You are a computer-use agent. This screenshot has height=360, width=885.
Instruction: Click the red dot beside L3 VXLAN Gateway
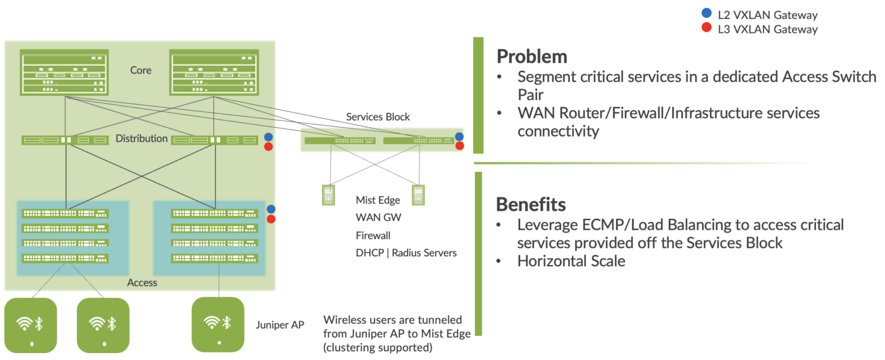coord(705,28)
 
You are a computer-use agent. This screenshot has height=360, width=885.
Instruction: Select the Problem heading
coord(531,56)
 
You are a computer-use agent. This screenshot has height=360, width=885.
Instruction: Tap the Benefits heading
coord(531,204)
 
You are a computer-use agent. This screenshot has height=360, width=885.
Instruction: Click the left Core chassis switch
coord(64,73)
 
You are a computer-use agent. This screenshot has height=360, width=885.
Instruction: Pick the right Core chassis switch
coord(214,73)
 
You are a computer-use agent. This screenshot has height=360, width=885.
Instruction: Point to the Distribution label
coord(141,138)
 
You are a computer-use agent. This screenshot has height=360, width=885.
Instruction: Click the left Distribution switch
coord(65,140)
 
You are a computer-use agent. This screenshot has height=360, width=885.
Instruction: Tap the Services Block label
coord(378,117)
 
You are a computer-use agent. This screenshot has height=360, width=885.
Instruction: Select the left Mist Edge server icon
coord(328,195)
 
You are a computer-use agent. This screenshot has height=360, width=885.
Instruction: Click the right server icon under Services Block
coord(418,195)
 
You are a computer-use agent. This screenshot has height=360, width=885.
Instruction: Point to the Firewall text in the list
coord(373,236)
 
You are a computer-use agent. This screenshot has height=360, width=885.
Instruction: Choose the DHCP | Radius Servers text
coord(406,253)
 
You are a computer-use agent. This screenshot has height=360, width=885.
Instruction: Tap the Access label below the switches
coord(142,282)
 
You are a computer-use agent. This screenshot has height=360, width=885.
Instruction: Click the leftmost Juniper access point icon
coord(31,325)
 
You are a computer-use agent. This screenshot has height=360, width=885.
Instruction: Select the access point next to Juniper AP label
coord(218,325)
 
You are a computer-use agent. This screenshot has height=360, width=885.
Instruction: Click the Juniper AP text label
coord(279,325)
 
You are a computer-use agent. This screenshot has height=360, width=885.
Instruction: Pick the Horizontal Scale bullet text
coord(570,261)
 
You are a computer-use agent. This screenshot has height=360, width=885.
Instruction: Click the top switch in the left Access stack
coord(65,214)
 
